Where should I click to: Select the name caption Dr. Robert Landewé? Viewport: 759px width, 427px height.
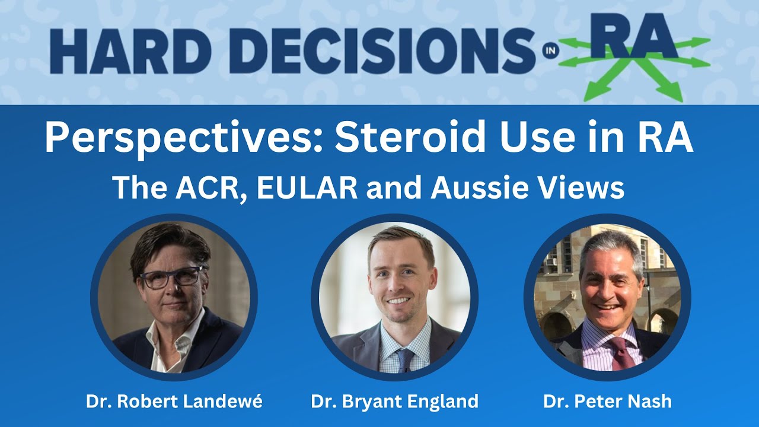(x=174, y=401)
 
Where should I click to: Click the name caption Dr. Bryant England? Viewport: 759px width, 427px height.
(x=395, y=402)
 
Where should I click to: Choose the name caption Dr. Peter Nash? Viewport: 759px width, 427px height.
(x=608, y=401)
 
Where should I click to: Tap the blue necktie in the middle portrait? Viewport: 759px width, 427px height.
(x=405, y=360)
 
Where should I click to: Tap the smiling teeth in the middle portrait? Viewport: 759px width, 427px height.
(x=398, y=301)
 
